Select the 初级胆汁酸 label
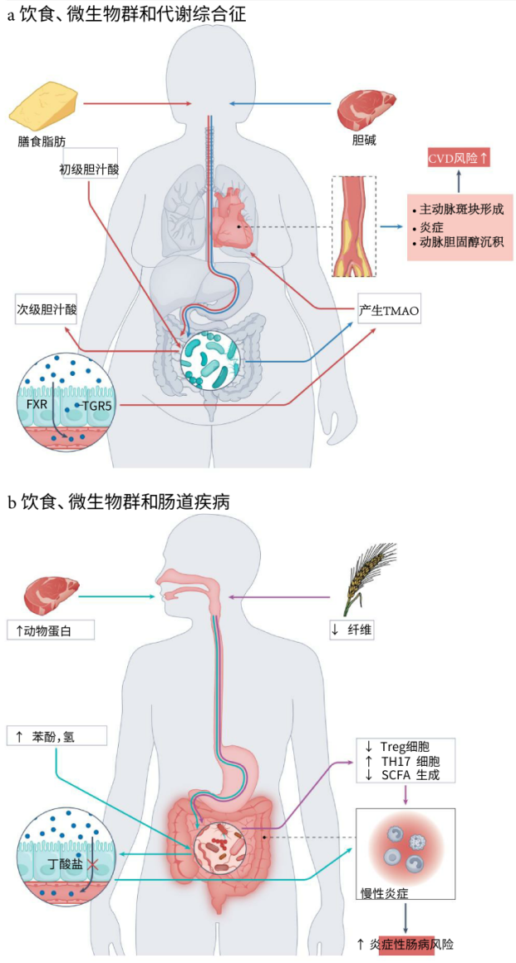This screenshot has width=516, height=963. [89, 169]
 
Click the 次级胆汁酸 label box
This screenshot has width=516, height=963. [47, 309]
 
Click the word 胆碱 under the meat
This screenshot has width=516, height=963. [364, 141]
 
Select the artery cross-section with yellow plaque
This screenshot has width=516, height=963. [353, 226]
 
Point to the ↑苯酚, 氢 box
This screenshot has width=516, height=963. [57, 736]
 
